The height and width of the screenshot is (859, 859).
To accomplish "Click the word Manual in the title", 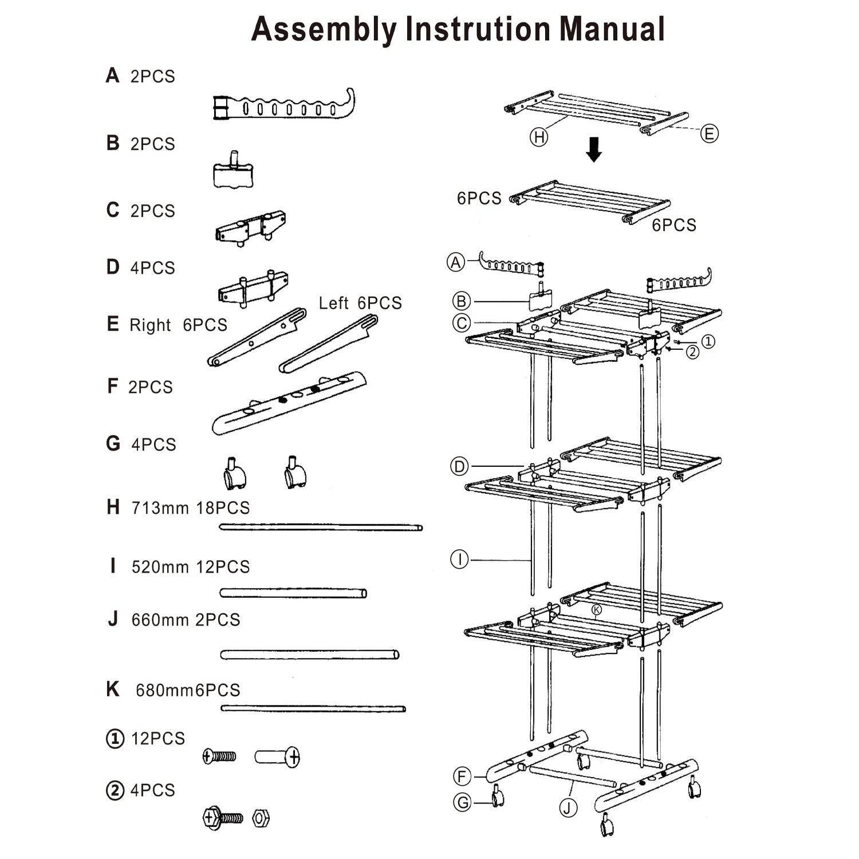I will (611, 29).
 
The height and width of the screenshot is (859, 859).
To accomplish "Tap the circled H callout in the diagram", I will (539, 137).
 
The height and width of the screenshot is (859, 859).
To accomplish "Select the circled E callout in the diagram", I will (709, 133).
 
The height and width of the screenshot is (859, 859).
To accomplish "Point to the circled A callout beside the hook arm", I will (456, 262).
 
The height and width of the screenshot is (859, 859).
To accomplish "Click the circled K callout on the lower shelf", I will (597, 609).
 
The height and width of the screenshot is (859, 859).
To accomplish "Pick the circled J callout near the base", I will (568, 808).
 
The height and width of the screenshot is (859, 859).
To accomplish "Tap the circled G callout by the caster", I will (462, 802).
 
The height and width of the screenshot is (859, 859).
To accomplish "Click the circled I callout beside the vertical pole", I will (459, 559).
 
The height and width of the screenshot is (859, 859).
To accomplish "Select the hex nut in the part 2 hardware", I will (261, 818).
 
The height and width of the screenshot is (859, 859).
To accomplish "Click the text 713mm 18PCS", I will (191, 508).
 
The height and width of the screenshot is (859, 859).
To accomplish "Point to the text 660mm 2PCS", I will (186, 620).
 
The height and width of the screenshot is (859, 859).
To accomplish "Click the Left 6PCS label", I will (360, 303).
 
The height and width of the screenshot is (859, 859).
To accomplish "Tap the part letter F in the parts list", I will (112, 387).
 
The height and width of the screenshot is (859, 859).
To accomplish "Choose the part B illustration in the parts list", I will (234, 172).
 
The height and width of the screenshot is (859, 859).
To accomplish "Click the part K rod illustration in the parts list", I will (313, 708).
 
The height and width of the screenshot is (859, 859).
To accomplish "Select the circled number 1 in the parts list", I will (115, 739).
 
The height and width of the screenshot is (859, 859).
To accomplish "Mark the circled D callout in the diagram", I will (460, 467).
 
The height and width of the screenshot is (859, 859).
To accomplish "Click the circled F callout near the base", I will (462, 777).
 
